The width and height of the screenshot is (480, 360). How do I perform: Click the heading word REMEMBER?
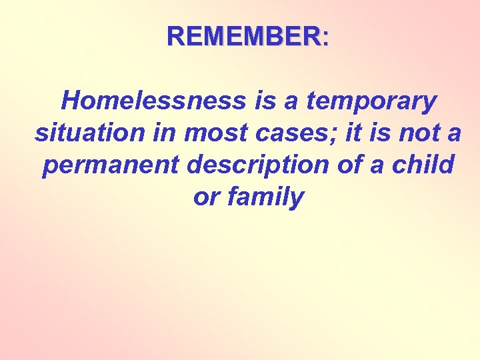244,36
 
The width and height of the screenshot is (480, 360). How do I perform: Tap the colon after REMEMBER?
325,37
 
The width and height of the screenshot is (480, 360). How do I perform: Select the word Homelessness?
153,101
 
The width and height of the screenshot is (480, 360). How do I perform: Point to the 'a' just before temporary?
293,101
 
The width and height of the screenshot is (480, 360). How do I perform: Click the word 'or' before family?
205,197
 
